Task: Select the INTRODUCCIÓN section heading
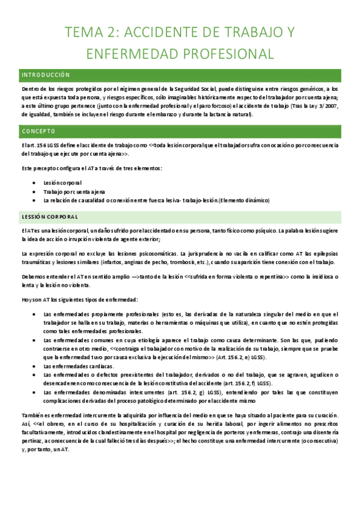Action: (x=46, y=75)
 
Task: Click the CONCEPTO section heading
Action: (x=38, y=131)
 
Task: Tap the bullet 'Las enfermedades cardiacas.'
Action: (x=79, y=366)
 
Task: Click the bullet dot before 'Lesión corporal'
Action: (x=33, y=182)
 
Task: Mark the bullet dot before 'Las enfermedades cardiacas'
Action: (x=33, y=366)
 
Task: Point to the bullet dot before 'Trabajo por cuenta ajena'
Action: (x=33, y=191)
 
